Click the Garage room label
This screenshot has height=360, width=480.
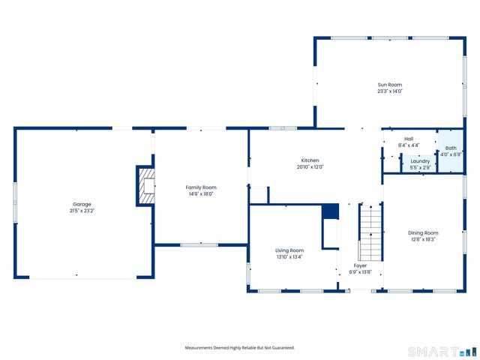pos(82,204)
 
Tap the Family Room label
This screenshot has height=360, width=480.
pos(200,187)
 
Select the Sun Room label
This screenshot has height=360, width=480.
pos(390,85)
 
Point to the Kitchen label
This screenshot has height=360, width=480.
pos(310,160)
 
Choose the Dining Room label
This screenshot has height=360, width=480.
pos(423,232)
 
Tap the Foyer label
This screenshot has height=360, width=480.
pos(361,265)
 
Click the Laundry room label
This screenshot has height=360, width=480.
pos(420,160)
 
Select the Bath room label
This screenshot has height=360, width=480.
pos(450,148)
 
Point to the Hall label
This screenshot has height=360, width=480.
pos(409,139)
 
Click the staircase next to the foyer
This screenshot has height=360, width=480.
pos(370,232)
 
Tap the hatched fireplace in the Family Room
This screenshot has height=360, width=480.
pos(146,185)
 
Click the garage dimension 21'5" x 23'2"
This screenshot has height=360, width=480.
pos(82,211)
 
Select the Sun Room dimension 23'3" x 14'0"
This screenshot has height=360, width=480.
pos(390,91)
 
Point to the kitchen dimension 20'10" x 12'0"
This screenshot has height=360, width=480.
pos(310,167)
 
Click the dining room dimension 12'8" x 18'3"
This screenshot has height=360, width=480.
pos(423,239)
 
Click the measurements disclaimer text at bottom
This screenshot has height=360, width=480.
pos(240,348)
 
